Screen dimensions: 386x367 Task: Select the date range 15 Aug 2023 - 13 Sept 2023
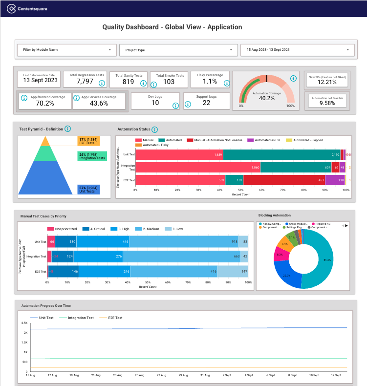click(x=297, y=50)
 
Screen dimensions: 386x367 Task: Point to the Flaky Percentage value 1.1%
click(x=210, y=82)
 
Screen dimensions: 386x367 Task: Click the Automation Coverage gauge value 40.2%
click(x=266, y=98)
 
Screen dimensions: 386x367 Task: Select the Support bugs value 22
click(x=206, y=103)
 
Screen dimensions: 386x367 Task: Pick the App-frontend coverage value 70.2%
click(x=45, y=103)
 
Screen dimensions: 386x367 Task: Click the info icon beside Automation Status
click(x=154, y=129)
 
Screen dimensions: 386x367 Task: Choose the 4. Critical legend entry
click(x=93, y=228)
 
